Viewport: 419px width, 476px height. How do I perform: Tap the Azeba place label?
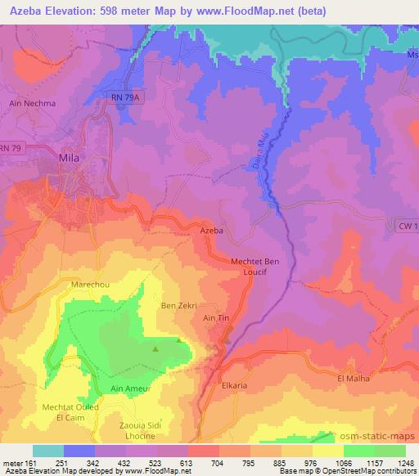(212, 231)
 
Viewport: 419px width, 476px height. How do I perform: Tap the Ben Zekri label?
(178, 305)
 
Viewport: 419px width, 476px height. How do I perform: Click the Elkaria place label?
(234, 381)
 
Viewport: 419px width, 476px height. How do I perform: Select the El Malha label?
(353, 379)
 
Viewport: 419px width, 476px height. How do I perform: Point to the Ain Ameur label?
(130, 388)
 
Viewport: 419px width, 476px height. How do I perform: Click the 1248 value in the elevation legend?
(405, 462)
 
